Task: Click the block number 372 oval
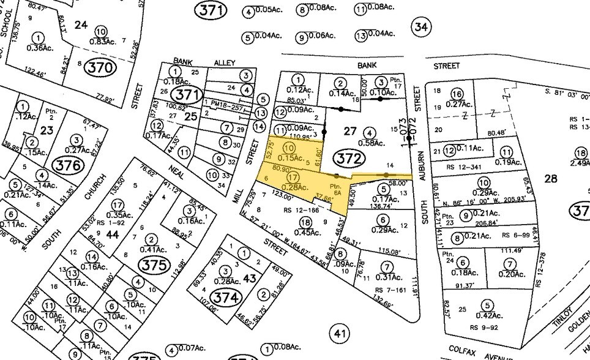(346, 158)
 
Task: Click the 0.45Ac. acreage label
(311, 231)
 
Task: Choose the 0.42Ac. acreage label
(489, 316)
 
